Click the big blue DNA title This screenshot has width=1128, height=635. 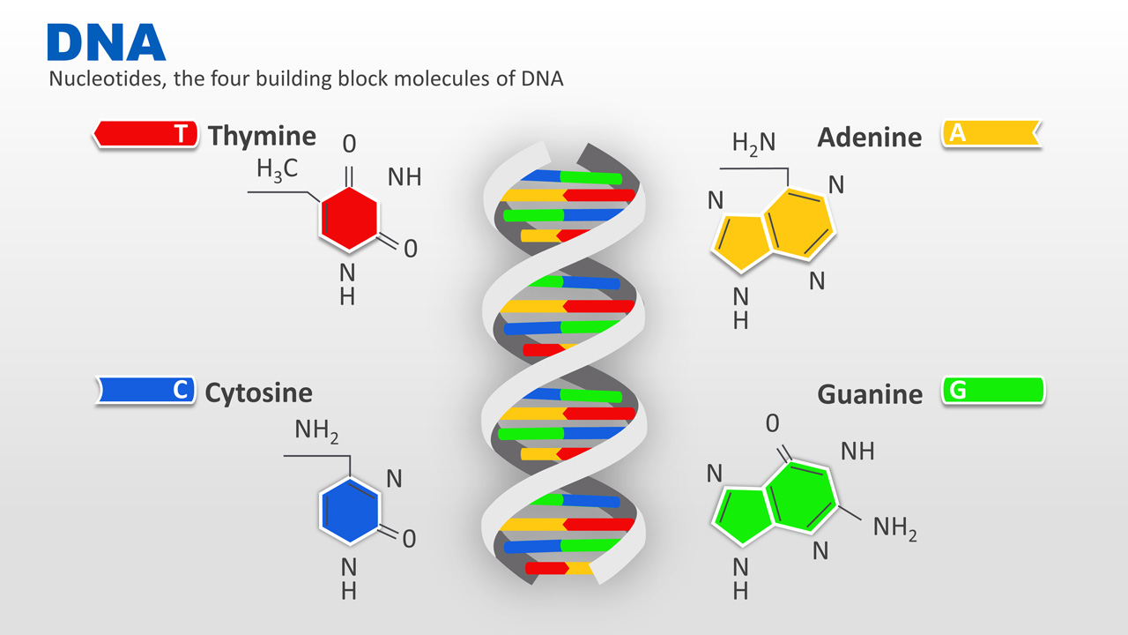pos(107,42)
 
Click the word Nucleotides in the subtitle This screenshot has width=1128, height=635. pos(108,79)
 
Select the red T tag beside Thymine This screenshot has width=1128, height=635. pos(145,134)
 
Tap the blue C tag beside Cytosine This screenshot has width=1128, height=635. pos(145,390)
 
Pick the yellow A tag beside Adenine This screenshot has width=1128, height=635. pos(991,133)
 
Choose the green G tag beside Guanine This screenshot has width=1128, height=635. pos(993,391)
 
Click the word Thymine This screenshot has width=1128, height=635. pos(262,136)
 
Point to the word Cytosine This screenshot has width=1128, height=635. pos(259,393)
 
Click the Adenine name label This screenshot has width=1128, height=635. pos(870,137)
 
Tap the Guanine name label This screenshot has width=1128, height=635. pos(870,394)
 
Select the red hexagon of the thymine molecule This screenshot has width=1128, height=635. pos(348,220)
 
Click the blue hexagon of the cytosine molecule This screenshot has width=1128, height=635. pos(349,511)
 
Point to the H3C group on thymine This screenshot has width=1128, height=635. pos(277,169)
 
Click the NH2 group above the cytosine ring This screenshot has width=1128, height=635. pos(316,431)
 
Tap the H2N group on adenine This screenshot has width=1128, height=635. pos(753,144)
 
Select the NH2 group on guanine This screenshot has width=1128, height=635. pos(894,528)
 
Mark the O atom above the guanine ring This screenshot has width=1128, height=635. pos(773,424)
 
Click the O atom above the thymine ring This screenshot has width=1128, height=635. pos(350,144)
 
